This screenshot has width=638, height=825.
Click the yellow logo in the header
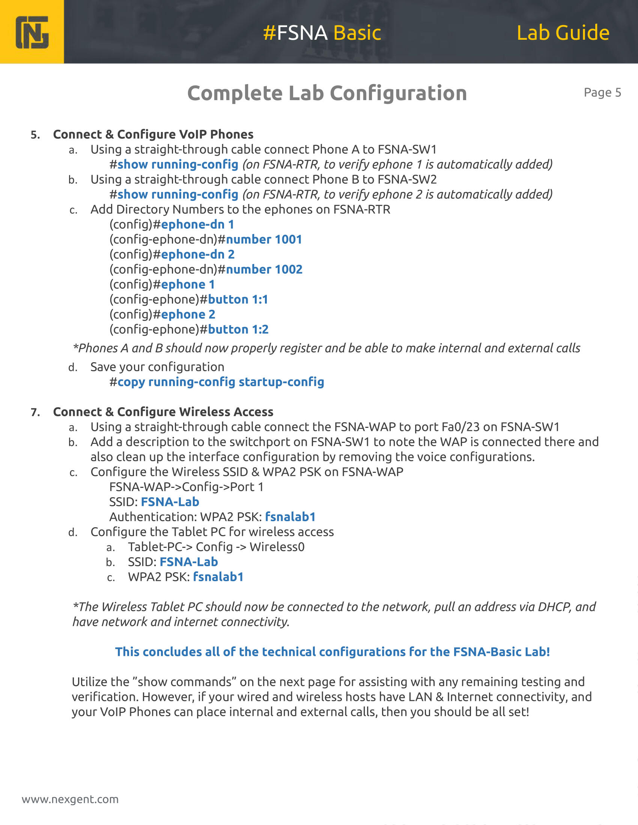[x=32, y=32]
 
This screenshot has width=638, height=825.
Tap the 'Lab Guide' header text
[x=563, y=33]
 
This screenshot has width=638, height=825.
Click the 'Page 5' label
[x=602, y=93]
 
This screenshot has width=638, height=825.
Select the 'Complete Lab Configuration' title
[x=327, y=93]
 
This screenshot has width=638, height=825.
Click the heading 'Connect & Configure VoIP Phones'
[x=153, y=135]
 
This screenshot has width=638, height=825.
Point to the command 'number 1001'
[x=264, y=240]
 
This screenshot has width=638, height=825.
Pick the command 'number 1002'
[x=264, y=269]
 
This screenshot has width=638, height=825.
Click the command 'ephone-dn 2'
[x=198, y=255]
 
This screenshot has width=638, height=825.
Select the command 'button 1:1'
[x=238, y=300]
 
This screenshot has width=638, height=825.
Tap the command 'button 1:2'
[x=238, y=329]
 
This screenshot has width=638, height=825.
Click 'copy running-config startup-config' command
[x=221, y=382]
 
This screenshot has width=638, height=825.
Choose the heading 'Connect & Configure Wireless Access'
[x=163, y=412]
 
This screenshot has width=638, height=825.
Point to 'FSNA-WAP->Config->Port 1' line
[x=187, y=487]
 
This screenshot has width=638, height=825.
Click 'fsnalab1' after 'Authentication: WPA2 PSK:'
[x=290, y=517]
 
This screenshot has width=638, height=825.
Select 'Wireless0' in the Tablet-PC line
[x=277, y=547]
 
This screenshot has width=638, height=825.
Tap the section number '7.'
[x=36, y=412]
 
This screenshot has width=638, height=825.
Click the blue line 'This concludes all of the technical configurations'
[x=332, y=652]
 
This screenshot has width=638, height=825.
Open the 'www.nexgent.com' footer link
[x=70, y=799]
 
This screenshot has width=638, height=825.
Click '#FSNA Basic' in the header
[x=322, y=33]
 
